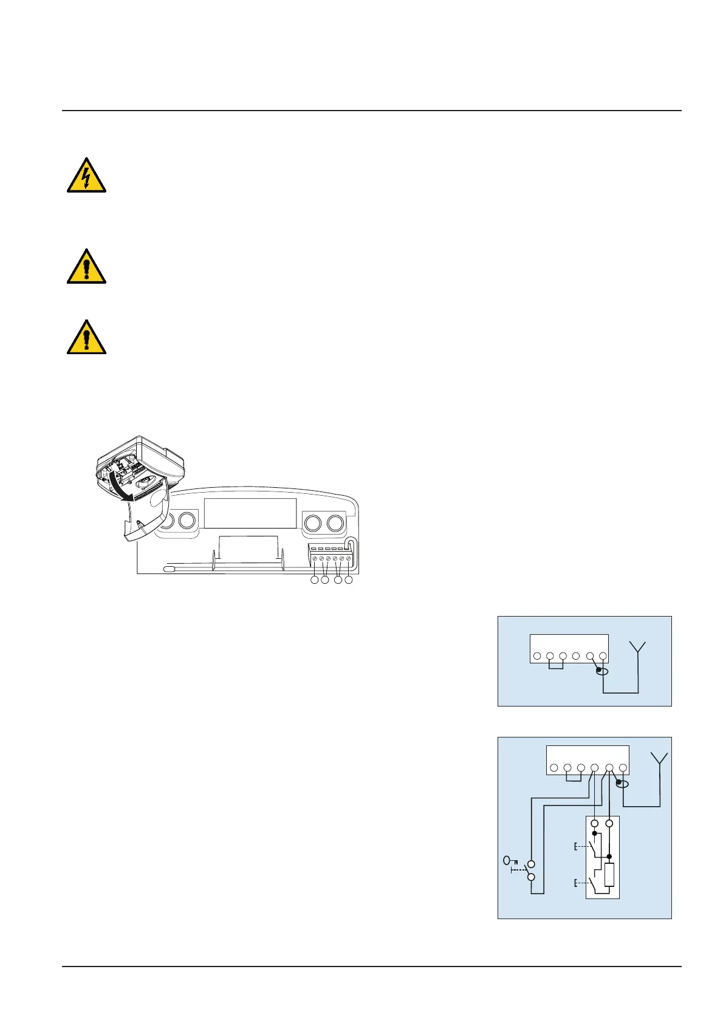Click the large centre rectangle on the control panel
point(250,513)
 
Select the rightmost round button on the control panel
point(335,523)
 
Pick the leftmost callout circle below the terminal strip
point(314,581)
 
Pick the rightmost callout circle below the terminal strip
point(349,581)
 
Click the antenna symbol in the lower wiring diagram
point(659,760)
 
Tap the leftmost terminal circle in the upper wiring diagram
point(537,657)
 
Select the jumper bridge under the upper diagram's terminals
point(556,666)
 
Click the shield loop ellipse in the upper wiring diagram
point(601,671)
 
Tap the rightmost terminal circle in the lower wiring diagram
point(623,768)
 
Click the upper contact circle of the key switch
point(531,864)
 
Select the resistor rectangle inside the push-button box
point(610,875)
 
